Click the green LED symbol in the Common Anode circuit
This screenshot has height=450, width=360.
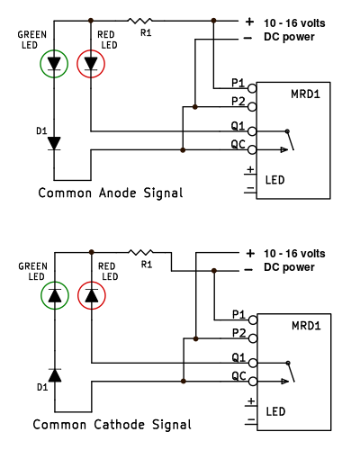[x=54, y=64]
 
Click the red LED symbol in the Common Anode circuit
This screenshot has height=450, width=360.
[x=91, y=64]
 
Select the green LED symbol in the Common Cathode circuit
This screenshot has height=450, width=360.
[x=55, y=295]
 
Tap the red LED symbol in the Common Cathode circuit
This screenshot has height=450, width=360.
[x=92, y=295]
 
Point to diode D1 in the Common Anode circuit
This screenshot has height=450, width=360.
[x=54, y=143]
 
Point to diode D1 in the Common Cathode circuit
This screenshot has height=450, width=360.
[x=55, y=375]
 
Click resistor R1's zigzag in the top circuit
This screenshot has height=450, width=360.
[x=140, y=21]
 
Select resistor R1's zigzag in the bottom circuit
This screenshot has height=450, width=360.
[x=140, y=252]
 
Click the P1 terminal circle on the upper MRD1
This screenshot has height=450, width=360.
[x=252, y=88]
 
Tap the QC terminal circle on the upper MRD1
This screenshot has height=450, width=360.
[x=252, y=149]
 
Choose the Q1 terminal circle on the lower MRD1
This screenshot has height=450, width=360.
[x=253, y=363]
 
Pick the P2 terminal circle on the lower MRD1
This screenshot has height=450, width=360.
[x=253, y=338]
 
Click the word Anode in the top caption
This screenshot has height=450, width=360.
[x=117, y=193]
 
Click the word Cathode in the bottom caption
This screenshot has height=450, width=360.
[x=119, y=425]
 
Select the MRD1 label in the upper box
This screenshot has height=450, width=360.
[x=305, y=94]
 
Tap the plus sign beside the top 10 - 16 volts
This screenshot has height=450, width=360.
[x=249, y=22]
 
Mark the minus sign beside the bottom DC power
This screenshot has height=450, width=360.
[x=248, y=270]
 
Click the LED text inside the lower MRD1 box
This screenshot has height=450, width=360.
[x=275, y=411]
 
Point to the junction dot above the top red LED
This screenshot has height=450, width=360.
[x=91, y=21]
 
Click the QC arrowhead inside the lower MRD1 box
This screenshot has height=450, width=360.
[x=284, y=382]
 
